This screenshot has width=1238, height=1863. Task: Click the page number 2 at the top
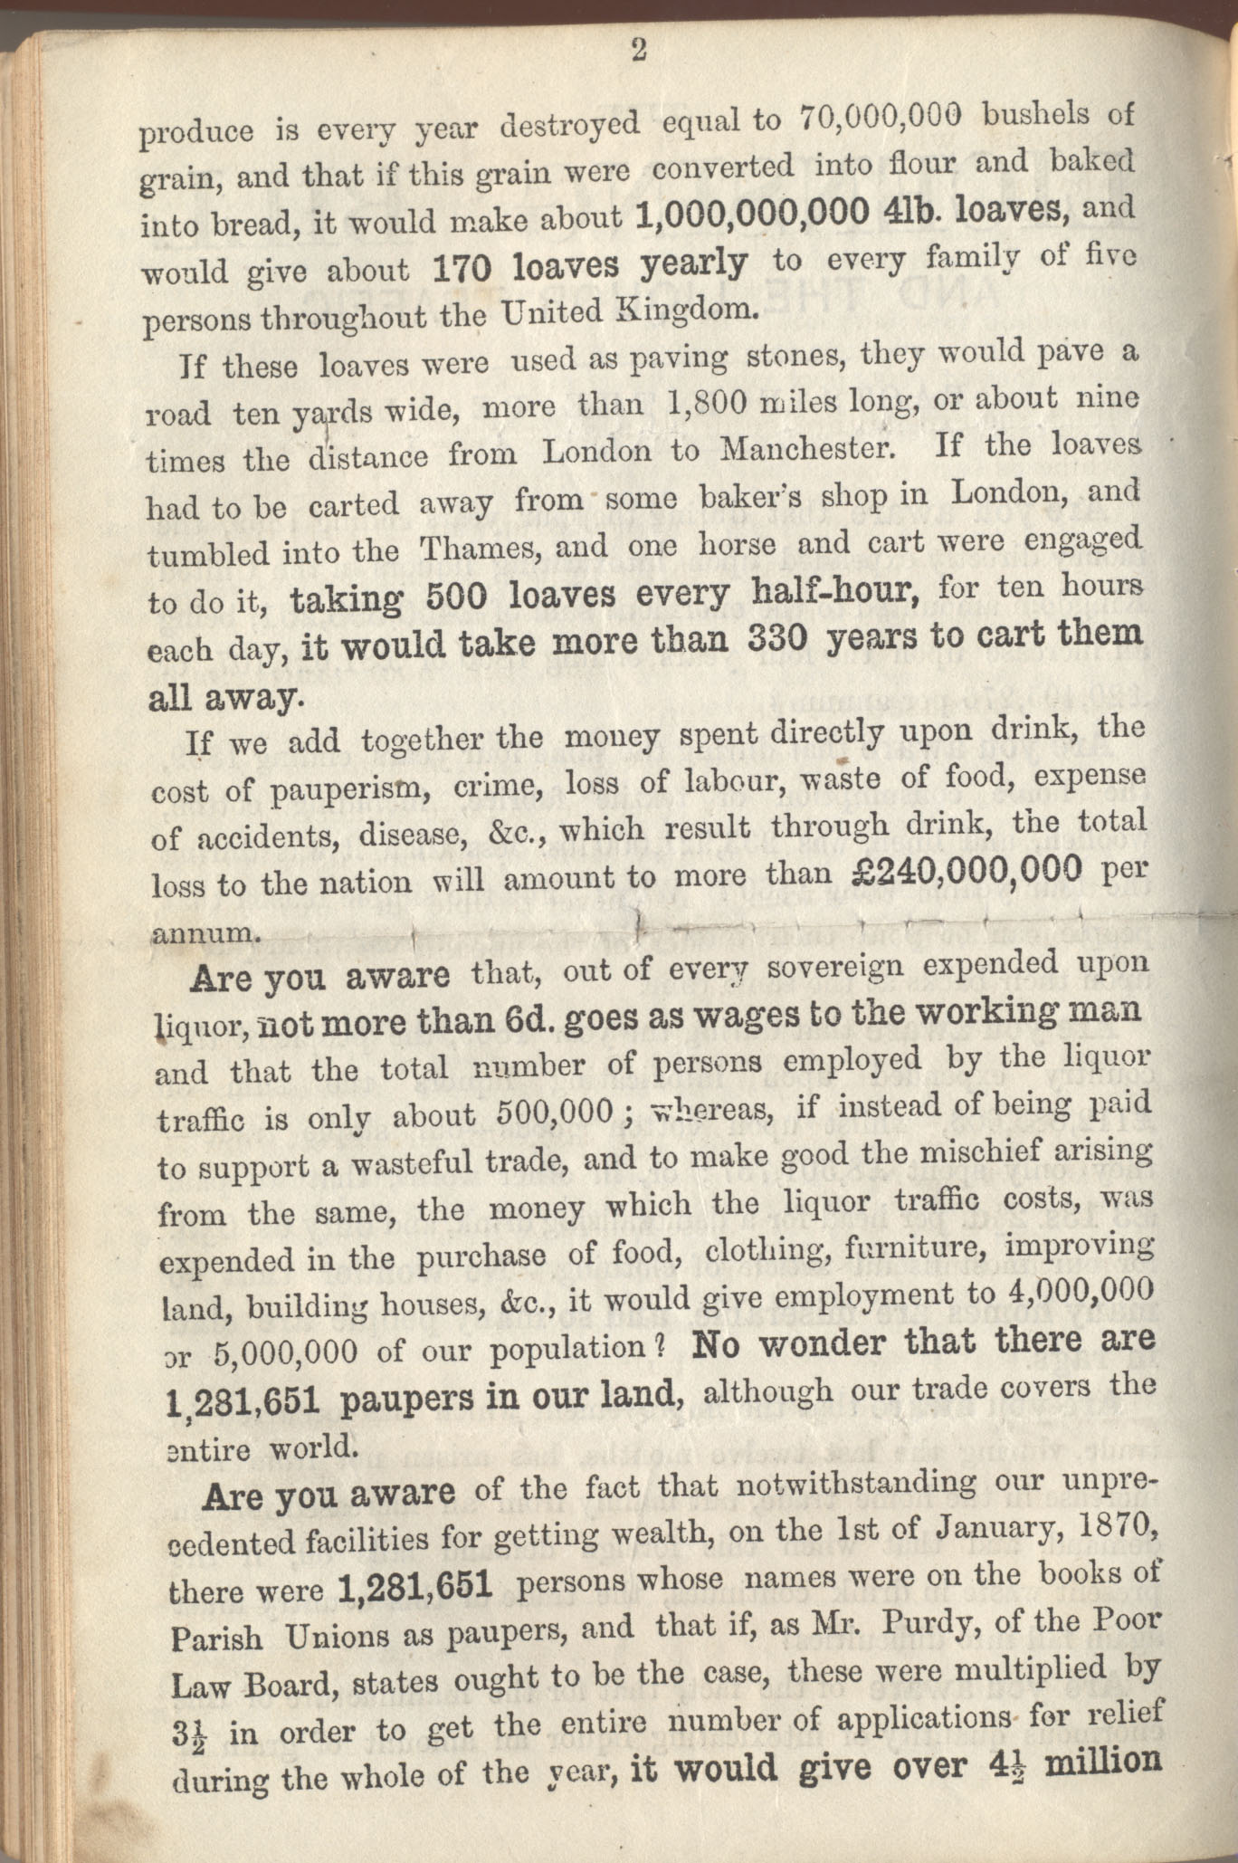[638, 52]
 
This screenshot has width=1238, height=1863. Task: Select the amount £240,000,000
[967, 870]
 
